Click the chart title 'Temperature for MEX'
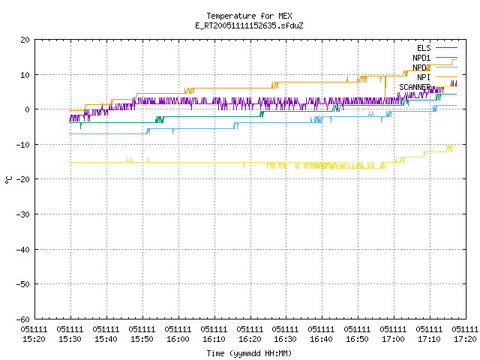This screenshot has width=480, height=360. click(249, 16)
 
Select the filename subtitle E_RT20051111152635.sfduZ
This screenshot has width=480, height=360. click(249, 25)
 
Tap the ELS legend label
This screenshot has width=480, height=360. click(424, 48)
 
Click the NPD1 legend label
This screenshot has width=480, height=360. click(421, 58)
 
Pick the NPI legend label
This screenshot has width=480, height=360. click(424, 77)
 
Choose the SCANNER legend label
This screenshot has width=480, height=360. click(415, 87)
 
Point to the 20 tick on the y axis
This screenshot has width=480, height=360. click(25, 40)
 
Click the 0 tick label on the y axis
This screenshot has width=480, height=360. click(28, 109)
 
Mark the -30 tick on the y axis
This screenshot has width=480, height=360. click(23, 214)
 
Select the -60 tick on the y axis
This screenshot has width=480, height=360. click(23, 319)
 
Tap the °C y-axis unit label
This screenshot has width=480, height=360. click(8, 180)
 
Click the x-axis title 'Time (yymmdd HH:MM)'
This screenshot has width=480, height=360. click(249, 353)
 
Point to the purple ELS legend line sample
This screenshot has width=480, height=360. click(447, 48)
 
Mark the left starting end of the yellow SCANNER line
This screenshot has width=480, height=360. click(70, 163)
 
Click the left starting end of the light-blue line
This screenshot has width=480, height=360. click(70, 133)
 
